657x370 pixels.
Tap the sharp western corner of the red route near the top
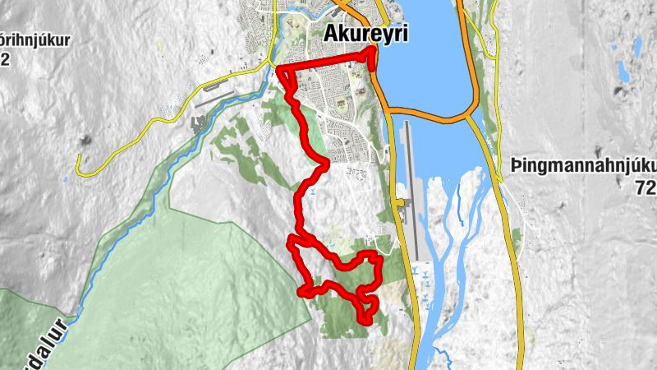point(280,69)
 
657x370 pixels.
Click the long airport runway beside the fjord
point(411,189)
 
